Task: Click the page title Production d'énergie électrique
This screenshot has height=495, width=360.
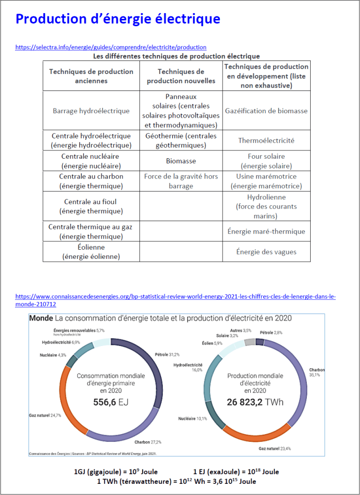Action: [x=118, y=19]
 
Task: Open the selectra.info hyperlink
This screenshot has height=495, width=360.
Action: [x=111, y=47]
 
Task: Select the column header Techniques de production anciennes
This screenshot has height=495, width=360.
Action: [x=91, y=76]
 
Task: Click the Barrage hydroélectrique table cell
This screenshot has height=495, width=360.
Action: [x=91, y=111]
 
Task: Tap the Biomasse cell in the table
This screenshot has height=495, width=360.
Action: [x=181, y=161]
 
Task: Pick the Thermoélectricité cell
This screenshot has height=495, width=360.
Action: [x=266, y=141]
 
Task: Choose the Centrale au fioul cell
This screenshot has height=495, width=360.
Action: [x=91, y=207]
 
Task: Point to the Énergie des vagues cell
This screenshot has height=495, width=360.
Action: [x=266, y=252]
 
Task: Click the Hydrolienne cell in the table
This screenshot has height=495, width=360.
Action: [x=266, y=207]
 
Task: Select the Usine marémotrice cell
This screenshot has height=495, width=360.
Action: [x=266, y=181]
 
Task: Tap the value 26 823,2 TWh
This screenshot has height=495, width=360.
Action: [x=255, y=402]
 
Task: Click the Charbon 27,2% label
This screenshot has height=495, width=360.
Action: [x=148, y=442]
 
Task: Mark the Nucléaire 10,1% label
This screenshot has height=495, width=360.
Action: [x=193, y=419]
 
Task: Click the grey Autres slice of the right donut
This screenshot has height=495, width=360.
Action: [x=250, y=343]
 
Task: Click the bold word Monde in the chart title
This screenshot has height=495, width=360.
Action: [x=41, y=318]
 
